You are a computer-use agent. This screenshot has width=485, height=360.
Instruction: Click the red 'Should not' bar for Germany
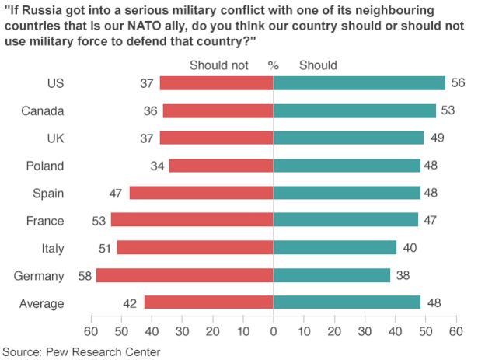pyautogui.click(x=184, y=275)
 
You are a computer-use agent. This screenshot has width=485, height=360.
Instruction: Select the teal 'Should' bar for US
pyautogui.click(x=359, y=83)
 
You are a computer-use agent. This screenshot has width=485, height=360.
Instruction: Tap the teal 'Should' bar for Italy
pyautogui.click(x=335, y=248)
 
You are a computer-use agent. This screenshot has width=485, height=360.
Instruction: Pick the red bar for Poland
pyautogui.click(x=221, y=166)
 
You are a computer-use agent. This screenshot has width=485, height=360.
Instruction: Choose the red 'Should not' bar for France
pyautogui.click(x=192, y=220)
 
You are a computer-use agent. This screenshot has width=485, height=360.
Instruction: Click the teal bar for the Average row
pyautogui.click(x=347, y=302)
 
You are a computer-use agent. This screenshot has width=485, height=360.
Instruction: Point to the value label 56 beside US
pyautogui.click(x=458, y=83)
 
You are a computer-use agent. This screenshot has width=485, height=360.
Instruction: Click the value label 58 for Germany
pyautogui.click(x=84, y=275)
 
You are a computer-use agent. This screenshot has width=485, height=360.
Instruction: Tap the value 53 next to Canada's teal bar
pyautogui.click(x=448, y=110)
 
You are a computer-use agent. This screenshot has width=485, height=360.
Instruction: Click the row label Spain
pyautogui.click(x=48, y=193)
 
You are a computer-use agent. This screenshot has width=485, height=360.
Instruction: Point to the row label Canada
pyautogui.click(x=43, y=110)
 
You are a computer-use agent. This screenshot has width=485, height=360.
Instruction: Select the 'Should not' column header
pyautogui.click(x=218, y=65)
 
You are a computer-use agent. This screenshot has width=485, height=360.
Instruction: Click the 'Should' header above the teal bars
pyautogui.click(x=318, y=65)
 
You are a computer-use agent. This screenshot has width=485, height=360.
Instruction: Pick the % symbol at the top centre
pyautogui.click(x=273, y=65)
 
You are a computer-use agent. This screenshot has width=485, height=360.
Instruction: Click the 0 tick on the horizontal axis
pyautogui.click(x=274, y=331)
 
